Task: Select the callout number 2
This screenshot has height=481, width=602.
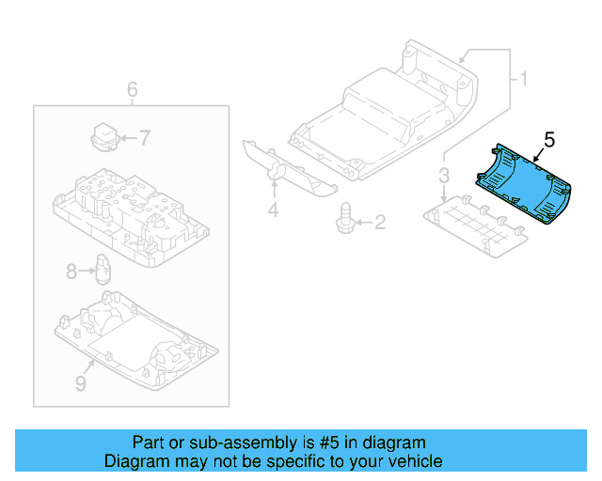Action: tap(380, 223)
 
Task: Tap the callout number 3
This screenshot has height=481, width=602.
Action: tap(443, 175)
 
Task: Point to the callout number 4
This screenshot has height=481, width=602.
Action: tap(273, 210)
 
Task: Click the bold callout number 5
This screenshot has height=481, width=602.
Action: tap(549, 139)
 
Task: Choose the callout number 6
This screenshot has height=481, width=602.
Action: tap(133, 89)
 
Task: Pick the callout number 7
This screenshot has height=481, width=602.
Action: tap(145, 137)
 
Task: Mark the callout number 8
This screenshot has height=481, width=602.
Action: tap(71, 272)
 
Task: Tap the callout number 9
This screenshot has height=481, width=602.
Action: tap(80, 383)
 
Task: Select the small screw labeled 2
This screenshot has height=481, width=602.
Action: tap(344, 217)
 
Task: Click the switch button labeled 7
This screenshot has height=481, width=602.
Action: tap(103, 135)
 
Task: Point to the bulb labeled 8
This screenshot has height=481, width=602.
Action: tap(103, 268)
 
